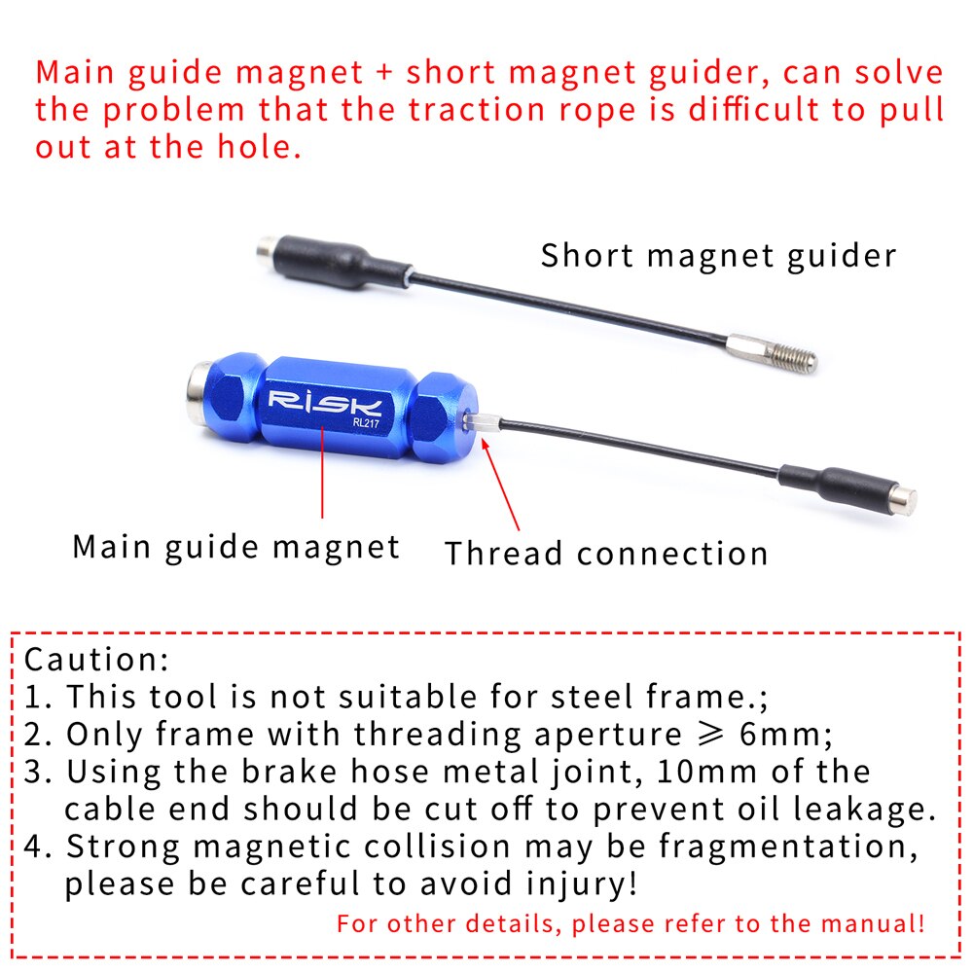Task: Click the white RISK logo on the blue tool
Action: [x=327, y=402]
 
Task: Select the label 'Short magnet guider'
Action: [x=718, y=256]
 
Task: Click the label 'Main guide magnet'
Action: [x=235, y=546]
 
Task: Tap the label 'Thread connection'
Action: [x=606, y=554]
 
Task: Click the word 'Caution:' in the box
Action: [x=96, y=660]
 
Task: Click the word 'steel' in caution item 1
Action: [x=594, y=697]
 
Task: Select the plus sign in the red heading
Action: [x=385, y=73]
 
